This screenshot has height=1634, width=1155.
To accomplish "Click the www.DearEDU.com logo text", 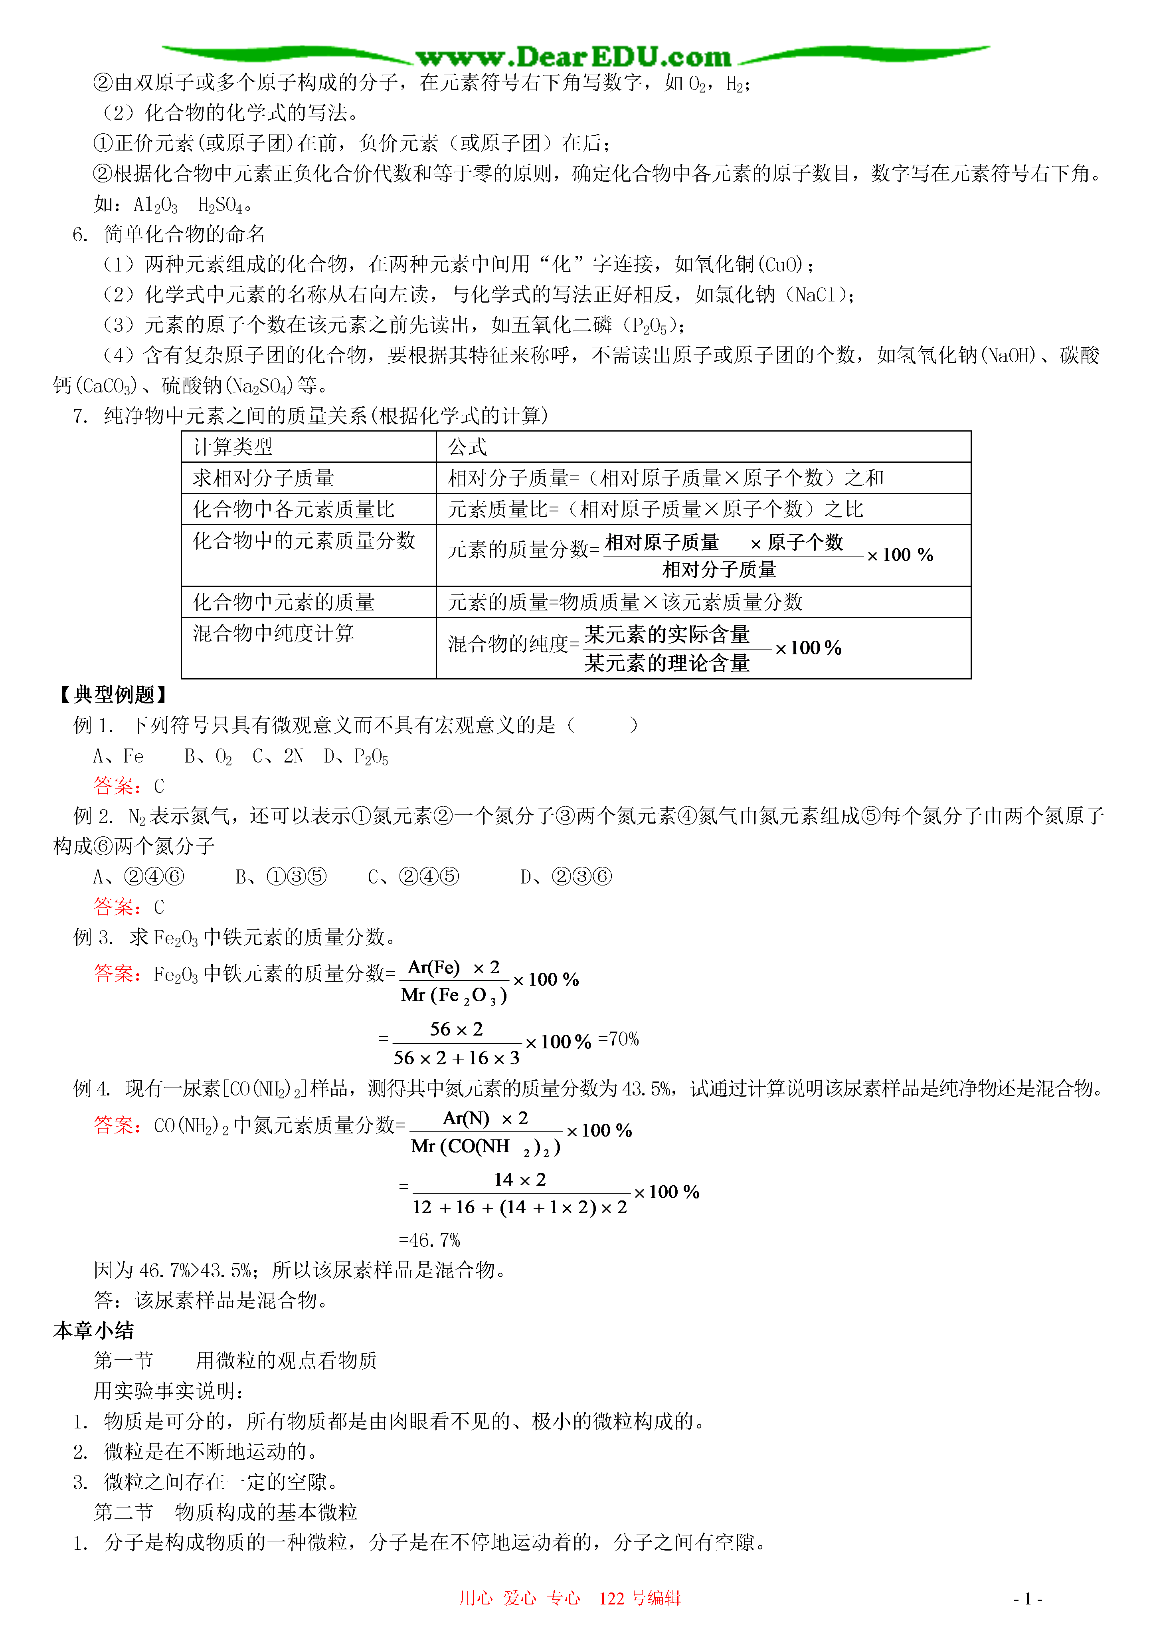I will pos(573,57).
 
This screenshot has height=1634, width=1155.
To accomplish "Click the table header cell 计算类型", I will pos(233,447).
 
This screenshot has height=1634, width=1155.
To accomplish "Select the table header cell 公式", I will pos(468,447).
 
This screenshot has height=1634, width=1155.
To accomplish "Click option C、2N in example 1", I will pos(277,756).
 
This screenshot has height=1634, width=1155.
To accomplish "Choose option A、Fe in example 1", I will pos(118,756).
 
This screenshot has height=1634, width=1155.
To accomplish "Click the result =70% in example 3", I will pos(619,1039).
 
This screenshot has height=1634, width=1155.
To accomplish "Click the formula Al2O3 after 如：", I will pos(156,205).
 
